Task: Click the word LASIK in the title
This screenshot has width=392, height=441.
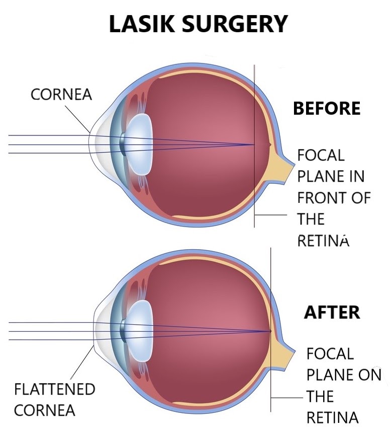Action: [x=139, y=24]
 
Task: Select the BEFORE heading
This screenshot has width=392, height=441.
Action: [x=327, y=108]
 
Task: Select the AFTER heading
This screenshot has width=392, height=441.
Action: [x=332, y=312]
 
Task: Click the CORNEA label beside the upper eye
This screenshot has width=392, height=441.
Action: [x=61, y=95]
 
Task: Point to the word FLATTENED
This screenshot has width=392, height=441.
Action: [x=54, y=389]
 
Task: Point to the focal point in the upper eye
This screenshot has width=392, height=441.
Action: [x=254, y=145]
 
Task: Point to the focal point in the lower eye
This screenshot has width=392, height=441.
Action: [x=271, y=331]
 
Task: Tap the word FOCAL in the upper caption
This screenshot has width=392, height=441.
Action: [x=321, y=155]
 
